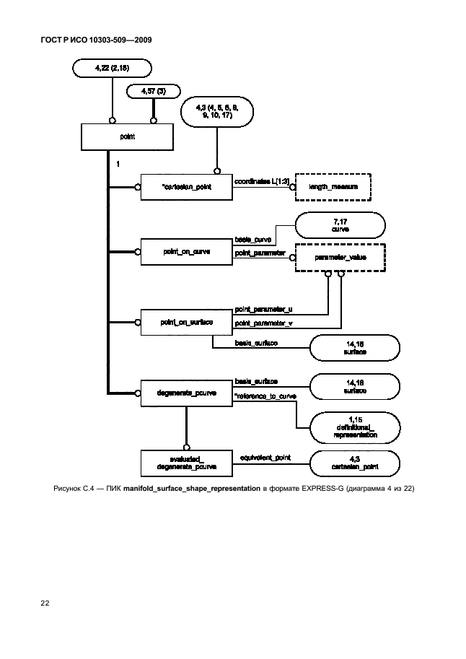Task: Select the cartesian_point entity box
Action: (185, 187)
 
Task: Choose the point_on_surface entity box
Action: (185, 322)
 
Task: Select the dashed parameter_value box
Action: (338, 256)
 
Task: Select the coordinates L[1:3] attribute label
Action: (262, 181)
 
